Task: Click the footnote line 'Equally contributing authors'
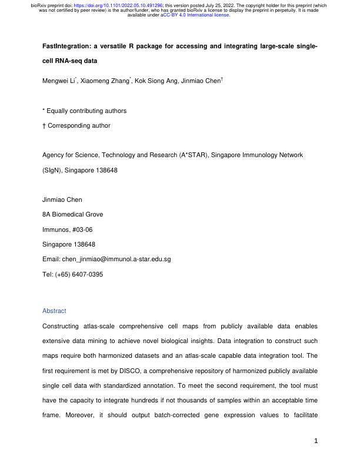click(87, 111)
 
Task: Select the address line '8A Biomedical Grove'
click(74, 215)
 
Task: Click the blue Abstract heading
click(55, 311)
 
